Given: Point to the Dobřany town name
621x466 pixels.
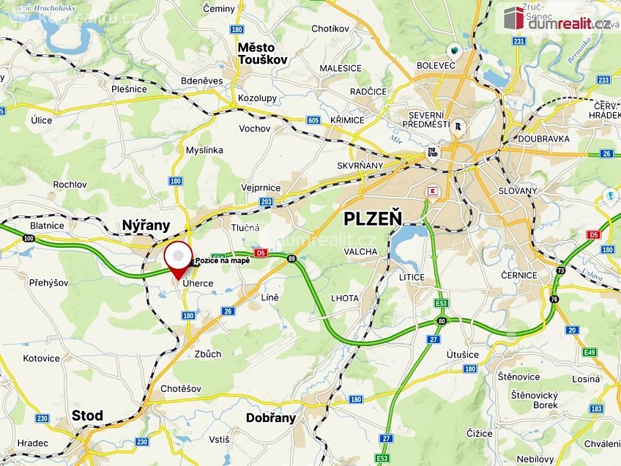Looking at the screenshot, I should tap(271, 418).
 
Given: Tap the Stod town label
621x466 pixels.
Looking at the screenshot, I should tap(87, 415).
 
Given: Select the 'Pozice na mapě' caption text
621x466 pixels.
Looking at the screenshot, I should tap(223, 261).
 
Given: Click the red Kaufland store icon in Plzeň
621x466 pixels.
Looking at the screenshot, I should tap(433, 191).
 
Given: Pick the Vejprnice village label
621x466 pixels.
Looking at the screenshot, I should tap(261, 188).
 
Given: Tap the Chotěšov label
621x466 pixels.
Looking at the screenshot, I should tap(180, 389).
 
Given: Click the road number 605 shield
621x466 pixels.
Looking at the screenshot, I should tap(313, 120).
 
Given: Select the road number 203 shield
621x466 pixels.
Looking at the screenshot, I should tap(266, 201).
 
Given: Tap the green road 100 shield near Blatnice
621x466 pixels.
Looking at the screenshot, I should tap(29, 239).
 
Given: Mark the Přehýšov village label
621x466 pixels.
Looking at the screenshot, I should tap(48, 282).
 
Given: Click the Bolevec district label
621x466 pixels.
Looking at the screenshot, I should tap(437, 66).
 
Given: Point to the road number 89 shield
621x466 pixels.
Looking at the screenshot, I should tap(292, 258).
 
